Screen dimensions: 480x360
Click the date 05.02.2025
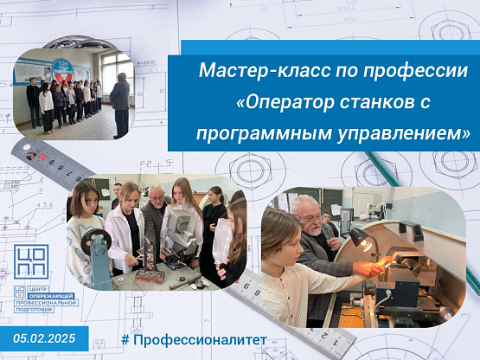pos(44,338)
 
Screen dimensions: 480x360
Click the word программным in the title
pos(264,134)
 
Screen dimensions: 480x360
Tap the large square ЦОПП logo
pos(31,261)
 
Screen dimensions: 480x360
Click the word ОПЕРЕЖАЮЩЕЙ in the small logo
pos(51,296)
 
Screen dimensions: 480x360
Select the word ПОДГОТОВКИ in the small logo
pos(35,310)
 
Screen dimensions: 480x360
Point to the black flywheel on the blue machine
pos(96,241)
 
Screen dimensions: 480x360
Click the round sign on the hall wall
pos(63,71)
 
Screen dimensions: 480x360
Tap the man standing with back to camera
pos(120,105)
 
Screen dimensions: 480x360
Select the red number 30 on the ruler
pos(42,157)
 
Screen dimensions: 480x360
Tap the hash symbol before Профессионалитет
pos(125,340)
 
